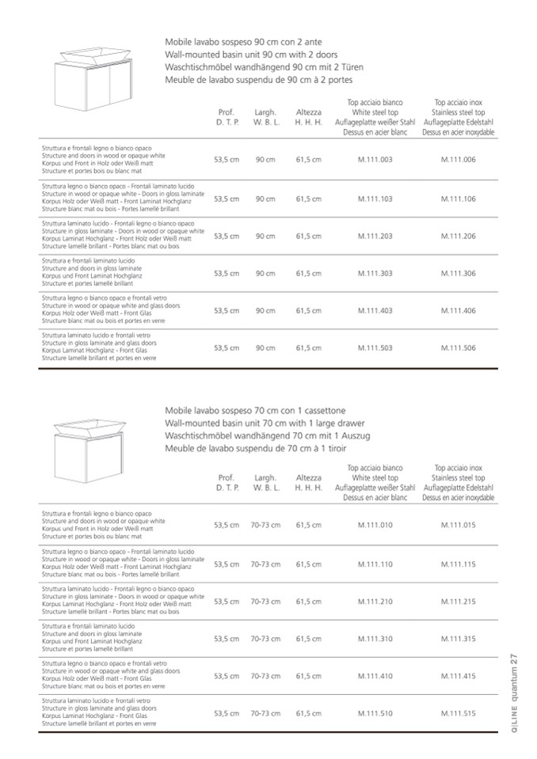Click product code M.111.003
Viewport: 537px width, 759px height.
point(375,160)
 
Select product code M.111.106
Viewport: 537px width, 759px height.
point(458,198)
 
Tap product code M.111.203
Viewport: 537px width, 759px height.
point(375,236)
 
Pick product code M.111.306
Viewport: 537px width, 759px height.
point(458,273)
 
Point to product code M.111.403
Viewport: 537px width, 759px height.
point(375,311)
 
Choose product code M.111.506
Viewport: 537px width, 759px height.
point(458,348)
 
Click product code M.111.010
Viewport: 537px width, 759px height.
point(375,525)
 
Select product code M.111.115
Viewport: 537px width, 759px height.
point(458,564)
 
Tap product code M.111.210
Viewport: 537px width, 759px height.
point(375,602)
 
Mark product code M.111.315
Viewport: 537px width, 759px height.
point(458,639)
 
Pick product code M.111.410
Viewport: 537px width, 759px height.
point(375,676)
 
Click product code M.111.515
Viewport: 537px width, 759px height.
point(458,713)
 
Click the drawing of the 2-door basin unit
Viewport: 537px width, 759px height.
point(88,78)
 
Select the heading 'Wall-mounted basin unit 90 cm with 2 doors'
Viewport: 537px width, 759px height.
point(251,54)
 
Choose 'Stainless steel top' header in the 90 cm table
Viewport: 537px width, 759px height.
point(459,112)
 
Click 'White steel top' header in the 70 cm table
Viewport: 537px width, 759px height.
point(375,478)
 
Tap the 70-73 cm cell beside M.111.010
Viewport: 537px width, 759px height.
point(265,525)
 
